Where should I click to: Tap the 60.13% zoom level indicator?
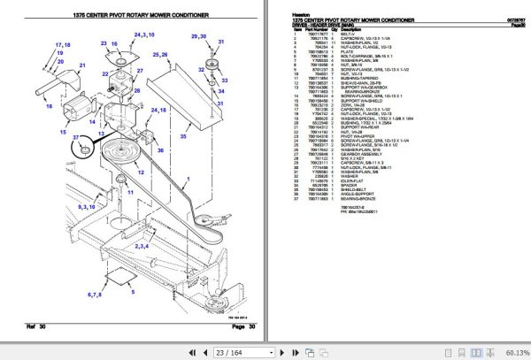coord(513,352)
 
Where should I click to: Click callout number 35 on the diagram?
coord(183,137)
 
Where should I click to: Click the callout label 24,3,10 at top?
coord(143,35)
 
